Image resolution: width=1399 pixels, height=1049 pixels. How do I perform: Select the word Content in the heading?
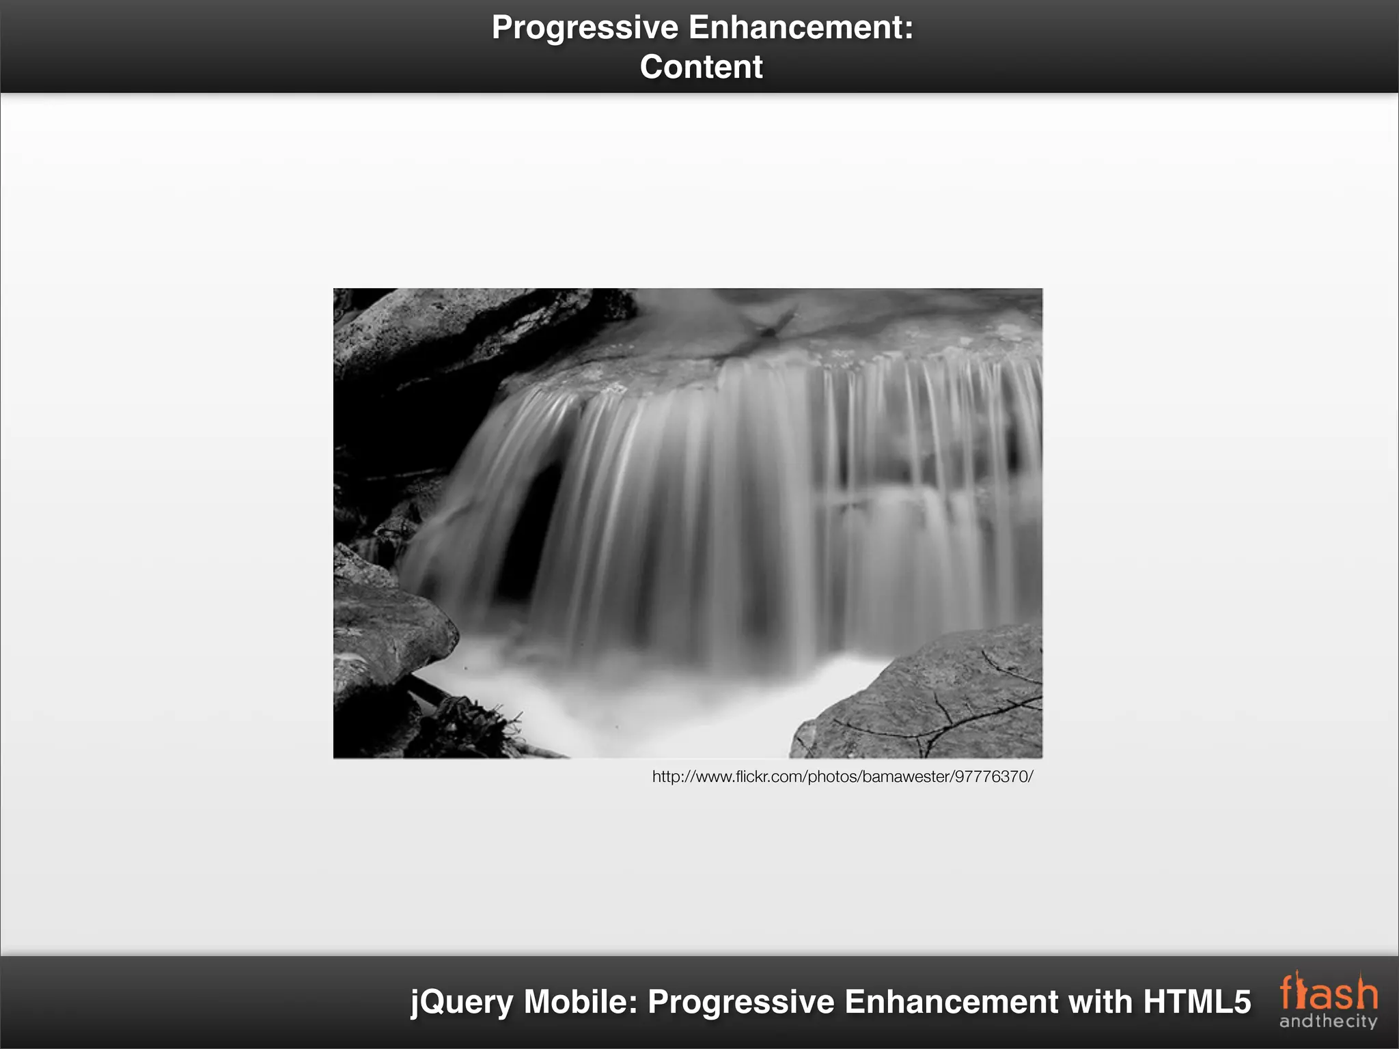pyautogui.click(x=701, y=67)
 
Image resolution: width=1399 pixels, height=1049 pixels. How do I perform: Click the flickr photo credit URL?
pyautogui.click(x=842, y=777)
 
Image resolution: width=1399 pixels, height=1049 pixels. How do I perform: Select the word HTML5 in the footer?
pyautogui.click(x=1197, y=1002)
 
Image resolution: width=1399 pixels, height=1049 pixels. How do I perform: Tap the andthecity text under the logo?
pyautogui.click(x=1328, y=1022)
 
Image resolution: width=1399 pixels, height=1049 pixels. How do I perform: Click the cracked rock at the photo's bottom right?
pyautogui.click(x=936, y=703)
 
